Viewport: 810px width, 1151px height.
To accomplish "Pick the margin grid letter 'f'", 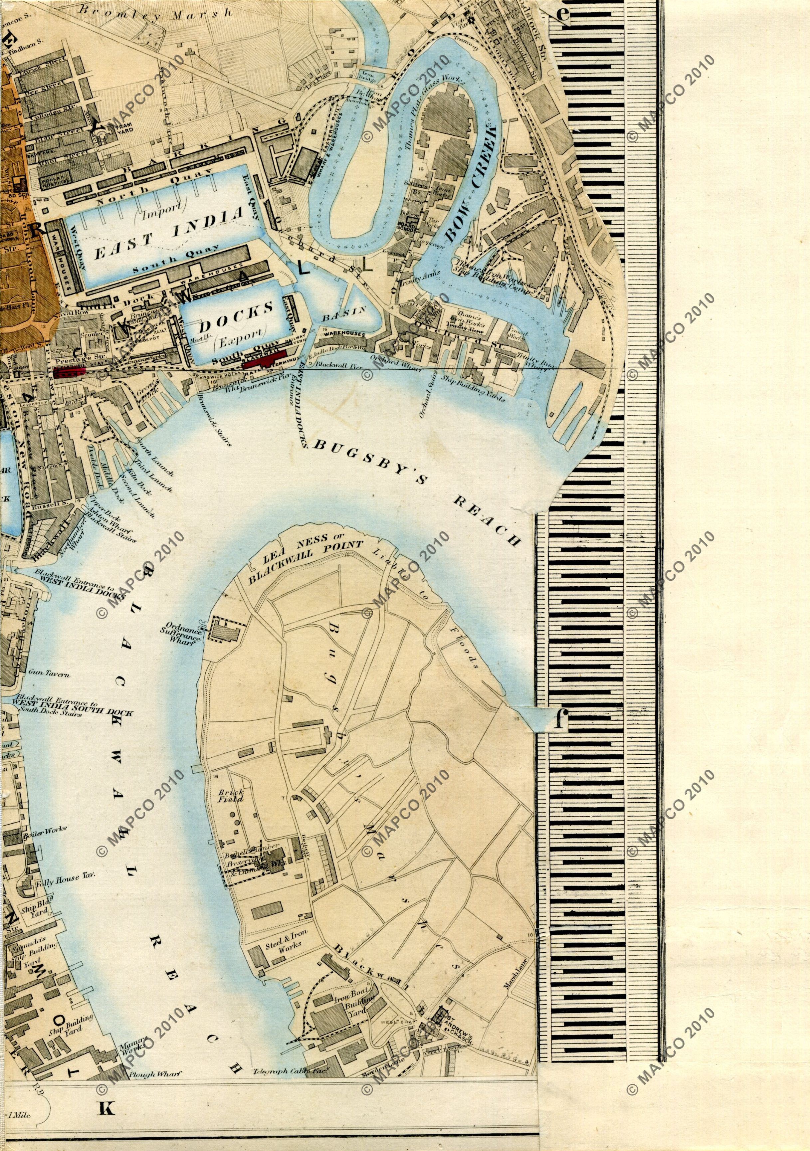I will pyautogui.click(x=560, y=720).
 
